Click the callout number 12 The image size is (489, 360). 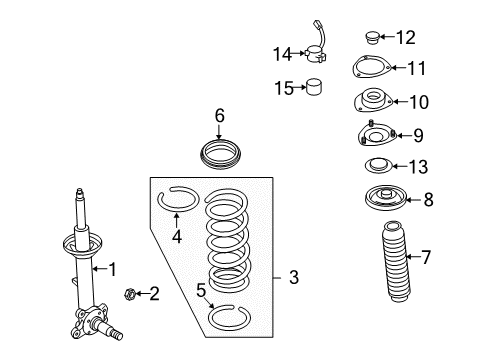coord(406,37)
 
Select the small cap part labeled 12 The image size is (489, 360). coord(372,37)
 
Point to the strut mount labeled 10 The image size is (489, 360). coord(373,100)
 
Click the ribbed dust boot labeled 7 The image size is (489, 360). coord(395,261)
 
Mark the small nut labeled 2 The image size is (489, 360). coord(129,294)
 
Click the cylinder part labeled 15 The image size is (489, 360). coord(314,87)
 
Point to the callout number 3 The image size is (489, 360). coord(294,277)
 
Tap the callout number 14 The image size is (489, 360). coord(282,54)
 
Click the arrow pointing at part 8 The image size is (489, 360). coord(414,200)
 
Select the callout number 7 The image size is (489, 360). coord(426,257)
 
